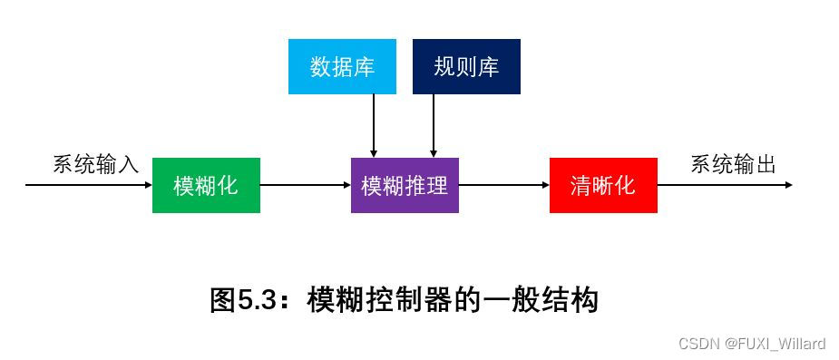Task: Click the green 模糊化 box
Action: click(206, 185)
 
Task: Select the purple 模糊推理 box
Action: click(405, 185)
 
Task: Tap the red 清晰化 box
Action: click(603, 185)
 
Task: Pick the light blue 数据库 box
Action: click(342, 67)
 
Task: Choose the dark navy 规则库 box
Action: click(466, 67)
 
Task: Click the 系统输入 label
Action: click(95, 164)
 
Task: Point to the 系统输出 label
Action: click(733, 164)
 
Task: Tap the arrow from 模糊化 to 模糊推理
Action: click(305, 185)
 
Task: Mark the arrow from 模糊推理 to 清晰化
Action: click(503, 185)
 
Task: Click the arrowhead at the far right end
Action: click(788, 185)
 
